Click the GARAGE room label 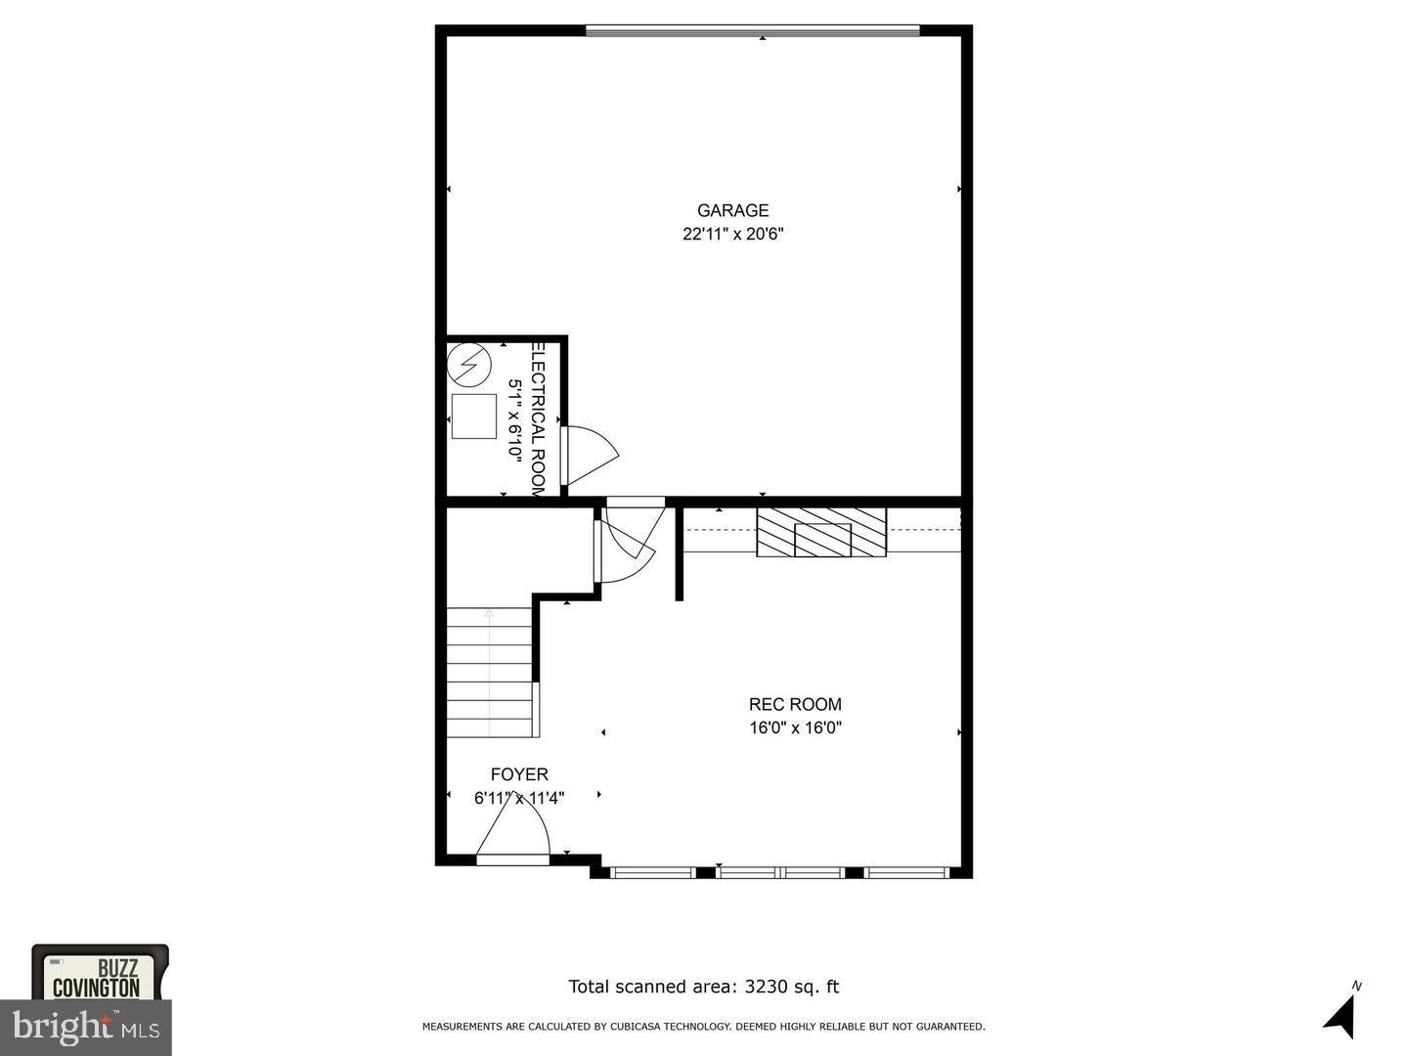(732, 210)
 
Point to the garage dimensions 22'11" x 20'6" (733, 234)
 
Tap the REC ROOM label (795, 704)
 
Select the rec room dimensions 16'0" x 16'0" (795, 727)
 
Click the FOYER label (519, 774)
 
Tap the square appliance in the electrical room (474, 417)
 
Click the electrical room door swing (592, 455)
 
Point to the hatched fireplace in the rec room (821, 533)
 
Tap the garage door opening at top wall (753, 31)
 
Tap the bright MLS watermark (86, 1027)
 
